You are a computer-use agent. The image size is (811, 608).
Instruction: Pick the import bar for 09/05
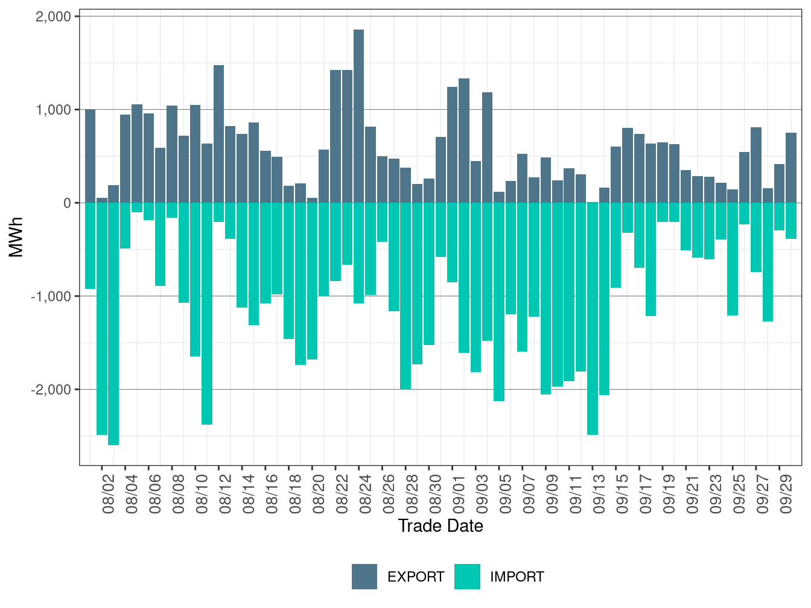499,302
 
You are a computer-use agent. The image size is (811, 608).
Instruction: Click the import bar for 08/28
405,296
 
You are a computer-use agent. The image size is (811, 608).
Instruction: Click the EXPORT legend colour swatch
364,577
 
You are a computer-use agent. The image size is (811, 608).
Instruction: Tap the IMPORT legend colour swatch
467,577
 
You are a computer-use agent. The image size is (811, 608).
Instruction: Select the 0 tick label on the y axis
67,203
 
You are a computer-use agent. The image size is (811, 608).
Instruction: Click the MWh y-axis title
16,237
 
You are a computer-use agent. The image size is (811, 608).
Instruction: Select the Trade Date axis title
440,526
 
